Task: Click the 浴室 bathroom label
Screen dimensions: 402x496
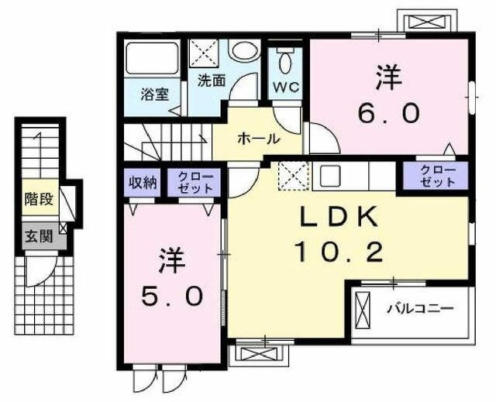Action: [x=153, y=94]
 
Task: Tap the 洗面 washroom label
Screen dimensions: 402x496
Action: [x=210, y=79]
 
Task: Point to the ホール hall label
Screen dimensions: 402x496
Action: [x=258, y=139]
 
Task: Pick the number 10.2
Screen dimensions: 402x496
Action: [x=339, y=251]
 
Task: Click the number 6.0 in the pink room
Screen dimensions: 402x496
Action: [x=388, y=114]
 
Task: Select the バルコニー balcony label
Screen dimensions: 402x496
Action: [x=420, y=309]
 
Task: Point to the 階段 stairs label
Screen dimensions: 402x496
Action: [x=39, y=199]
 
